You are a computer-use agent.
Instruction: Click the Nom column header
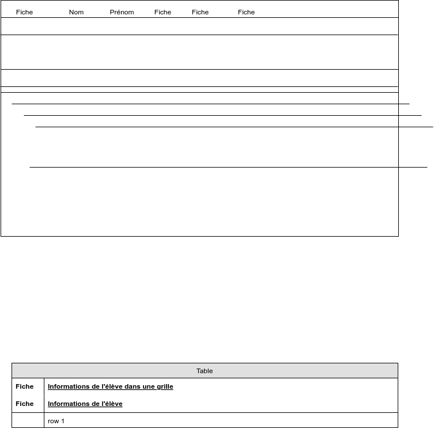click(76, 12)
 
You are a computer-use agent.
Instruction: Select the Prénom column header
click(122, 12)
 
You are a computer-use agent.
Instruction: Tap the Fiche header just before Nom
click(24, 12)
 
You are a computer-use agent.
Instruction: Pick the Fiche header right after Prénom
click(163, 12)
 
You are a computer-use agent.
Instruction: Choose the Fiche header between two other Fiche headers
click(200, 12)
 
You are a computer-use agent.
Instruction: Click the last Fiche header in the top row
click(246, 12)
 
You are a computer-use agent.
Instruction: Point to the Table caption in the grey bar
click(205, 371)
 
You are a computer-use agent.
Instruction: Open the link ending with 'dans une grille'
click(110, 387)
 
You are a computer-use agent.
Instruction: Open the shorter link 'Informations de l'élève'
click(85, 404)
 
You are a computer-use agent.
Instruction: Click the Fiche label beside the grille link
click(24, 387)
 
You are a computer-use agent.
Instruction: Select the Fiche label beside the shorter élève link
click(24, 404)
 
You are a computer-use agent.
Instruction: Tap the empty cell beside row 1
click(28, 421)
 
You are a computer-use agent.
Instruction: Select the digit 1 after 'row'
click(63, 422)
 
